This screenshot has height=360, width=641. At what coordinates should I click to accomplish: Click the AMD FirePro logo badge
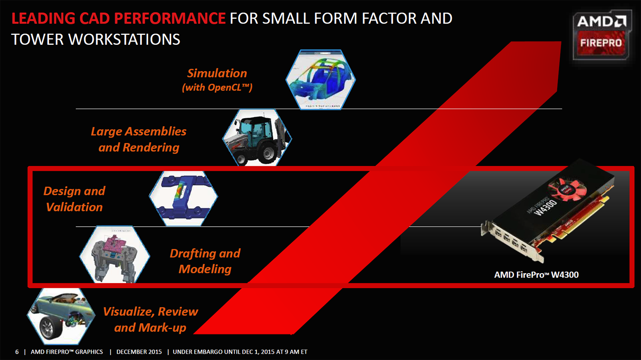(x=602, y=35)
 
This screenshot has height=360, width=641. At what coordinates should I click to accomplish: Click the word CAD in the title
(x=95, y=18)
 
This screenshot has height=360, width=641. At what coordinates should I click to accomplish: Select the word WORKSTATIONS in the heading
(x=124, y=40)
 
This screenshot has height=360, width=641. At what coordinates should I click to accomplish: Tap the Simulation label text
(x=217, y=73)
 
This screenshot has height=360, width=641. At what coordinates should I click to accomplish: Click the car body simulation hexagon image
(x=320, y=80)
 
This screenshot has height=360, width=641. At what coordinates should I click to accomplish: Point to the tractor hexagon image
(x=257, y=137)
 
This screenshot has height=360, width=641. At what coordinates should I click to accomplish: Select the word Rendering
(x=151, y=148)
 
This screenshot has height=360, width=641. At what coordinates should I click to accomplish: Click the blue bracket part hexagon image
(x=183, y=199)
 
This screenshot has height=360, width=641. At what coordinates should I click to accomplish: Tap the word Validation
(x=75, y=207)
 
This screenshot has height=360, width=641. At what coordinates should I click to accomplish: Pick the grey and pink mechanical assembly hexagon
(x=115, y=255)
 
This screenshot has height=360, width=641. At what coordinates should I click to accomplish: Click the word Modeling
(x=205, y=269)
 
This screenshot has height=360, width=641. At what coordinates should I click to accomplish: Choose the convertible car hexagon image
(x=61, y=316)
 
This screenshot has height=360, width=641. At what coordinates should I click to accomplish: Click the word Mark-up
(x=162, y=328)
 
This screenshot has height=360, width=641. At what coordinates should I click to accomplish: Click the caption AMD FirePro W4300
(x=536, y=275)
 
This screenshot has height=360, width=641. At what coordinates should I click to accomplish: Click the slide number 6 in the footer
(x=17, y=352)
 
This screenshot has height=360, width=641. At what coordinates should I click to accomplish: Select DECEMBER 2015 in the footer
(x=139, y=352)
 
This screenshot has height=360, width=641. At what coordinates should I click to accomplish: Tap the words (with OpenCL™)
(x=217, y=87)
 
